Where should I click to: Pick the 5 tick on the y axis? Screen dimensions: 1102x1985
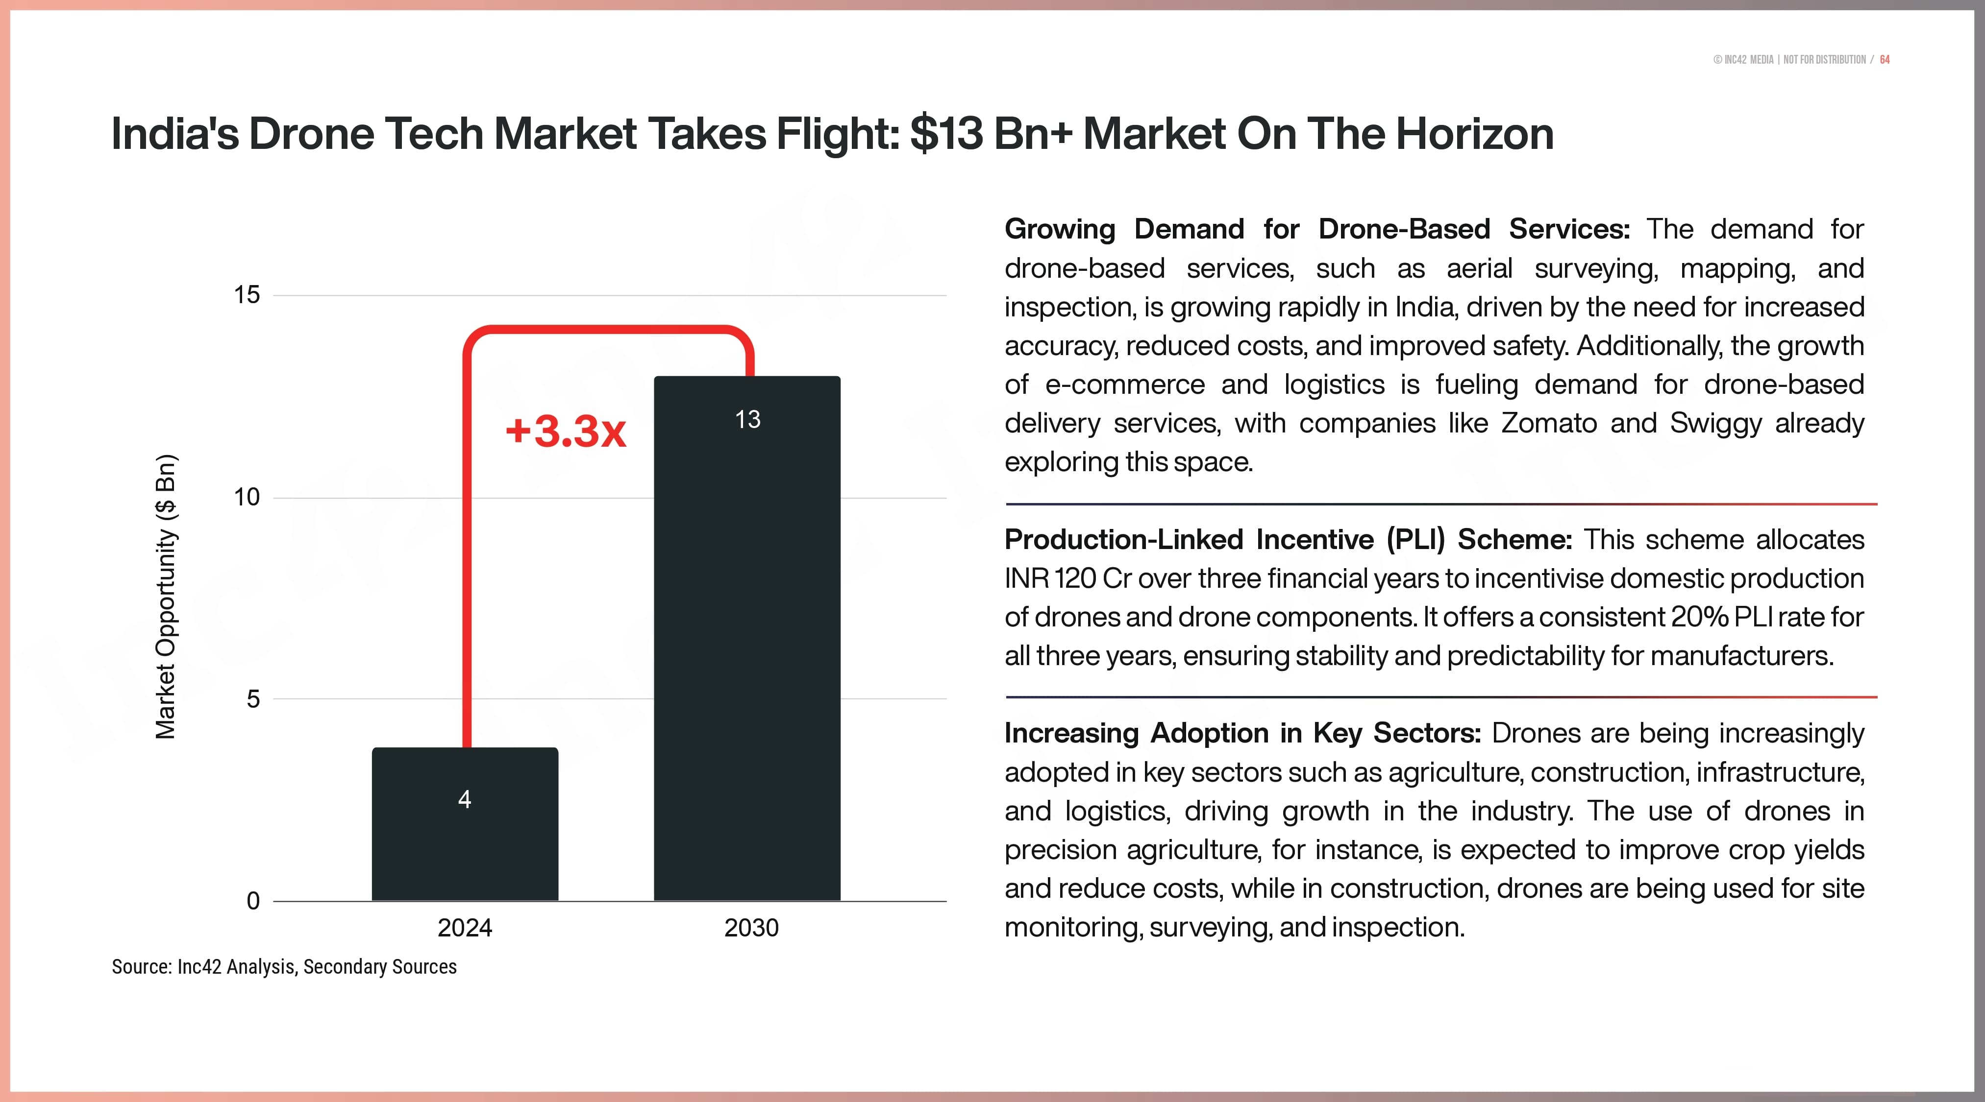(x=253, y=699)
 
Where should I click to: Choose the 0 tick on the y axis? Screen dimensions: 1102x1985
(x=253, y=901)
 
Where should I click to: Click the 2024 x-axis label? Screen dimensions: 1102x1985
(x=465, y=928)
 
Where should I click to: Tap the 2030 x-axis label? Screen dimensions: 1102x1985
(x=751, y=928)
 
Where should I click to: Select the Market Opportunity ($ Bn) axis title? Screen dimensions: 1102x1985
(x=166, y=597)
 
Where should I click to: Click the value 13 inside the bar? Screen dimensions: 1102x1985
(x=747, y=420)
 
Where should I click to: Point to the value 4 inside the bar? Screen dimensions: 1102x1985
(x=465, y=799)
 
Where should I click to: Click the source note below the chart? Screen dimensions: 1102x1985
(x=284, y=967)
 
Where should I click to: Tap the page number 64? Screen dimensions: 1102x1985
(x=1885, y=60)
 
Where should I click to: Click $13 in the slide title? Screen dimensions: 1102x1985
(x=946, y=134)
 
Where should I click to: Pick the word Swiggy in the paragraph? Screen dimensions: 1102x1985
(x=1715, y=424)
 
